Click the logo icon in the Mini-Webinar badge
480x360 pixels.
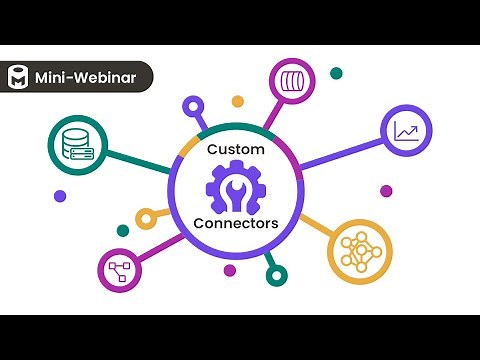point(18,77)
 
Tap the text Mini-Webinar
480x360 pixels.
point(85,77)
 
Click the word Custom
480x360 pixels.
point(237,149)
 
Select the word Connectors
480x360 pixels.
point(237,224)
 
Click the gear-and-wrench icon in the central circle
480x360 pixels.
point(237,187)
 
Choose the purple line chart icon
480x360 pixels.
point(407,131)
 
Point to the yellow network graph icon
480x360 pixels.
point(356,248)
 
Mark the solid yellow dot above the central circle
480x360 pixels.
point(237,101)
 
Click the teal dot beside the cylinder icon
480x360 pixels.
point(336,74)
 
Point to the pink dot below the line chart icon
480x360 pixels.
point(386,191)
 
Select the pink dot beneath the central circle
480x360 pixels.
point(230,270)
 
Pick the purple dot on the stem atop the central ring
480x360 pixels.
point(191,103)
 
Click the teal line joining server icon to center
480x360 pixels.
point(139,160)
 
